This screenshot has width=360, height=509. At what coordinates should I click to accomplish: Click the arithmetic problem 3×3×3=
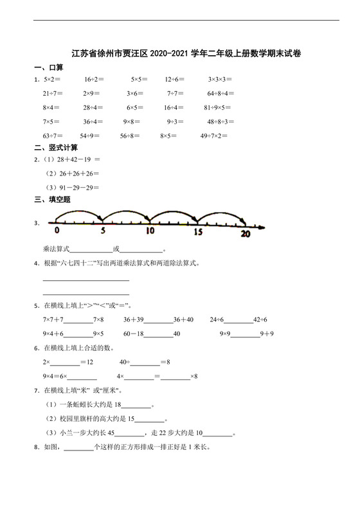coord(220,80)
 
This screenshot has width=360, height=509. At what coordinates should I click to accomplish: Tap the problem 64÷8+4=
coord(222,94)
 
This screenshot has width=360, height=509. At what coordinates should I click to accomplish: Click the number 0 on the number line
coord(57,231)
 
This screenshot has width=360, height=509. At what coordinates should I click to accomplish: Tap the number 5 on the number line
coord(102,231)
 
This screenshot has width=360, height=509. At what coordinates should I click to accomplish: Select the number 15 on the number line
coord(198,231)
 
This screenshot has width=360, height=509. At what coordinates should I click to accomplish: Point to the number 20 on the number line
coord(245,234)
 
